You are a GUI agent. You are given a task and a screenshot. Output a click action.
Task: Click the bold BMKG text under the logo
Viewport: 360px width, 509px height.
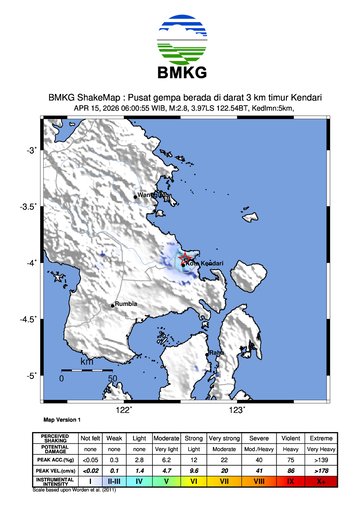(180, 72)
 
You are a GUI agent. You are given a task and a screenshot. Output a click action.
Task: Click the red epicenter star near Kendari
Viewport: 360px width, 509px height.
(185, 263)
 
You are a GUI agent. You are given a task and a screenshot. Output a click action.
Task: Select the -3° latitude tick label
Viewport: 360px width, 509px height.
(31, 150)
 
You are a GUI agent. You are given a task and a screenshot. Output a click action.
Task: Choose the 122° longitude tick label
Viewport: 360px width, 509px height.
(123, 410)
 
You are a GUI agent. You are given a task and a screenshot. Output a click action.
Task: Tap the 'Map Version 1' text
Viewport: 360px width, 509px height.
(62, 421)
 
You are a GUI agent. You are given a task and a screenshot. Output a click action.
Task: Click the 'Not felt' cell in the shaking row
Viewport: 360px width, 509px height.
(91, 438)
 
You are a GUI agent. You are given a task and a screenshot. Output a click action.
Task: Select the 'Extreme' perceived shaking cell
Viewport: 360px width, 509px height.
(321, 438)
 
